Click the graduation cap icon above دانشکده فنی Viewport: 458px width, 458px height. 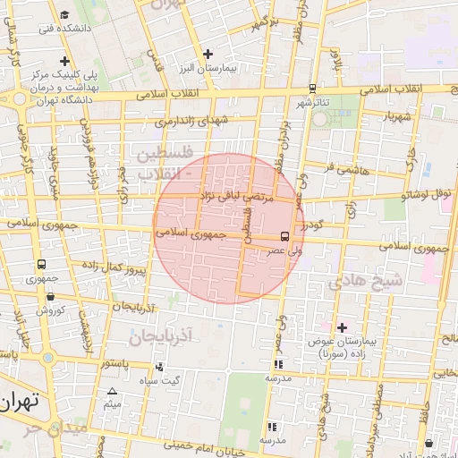coord(66,15)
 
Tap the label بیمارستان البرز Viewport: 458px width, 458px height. coord(208,69)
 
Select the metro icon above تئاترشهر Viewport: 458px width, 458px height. coord(312,88)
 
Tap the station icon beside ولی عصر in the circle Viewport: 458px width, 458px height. coord(284,237)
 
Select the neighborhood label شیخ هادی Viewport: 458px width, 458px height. coord(367,281)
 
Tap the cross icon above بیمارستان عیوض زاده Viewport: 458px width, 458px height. coord(341,328)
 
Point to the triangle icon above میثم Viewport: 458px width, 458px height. coord(112,392)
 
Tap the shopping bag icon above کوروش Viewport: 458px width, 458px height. coord(43,297)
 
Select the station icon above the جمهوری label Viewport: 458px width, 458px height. coord(41,265)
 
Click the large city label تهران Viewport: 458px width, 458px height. coord(21,402)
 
